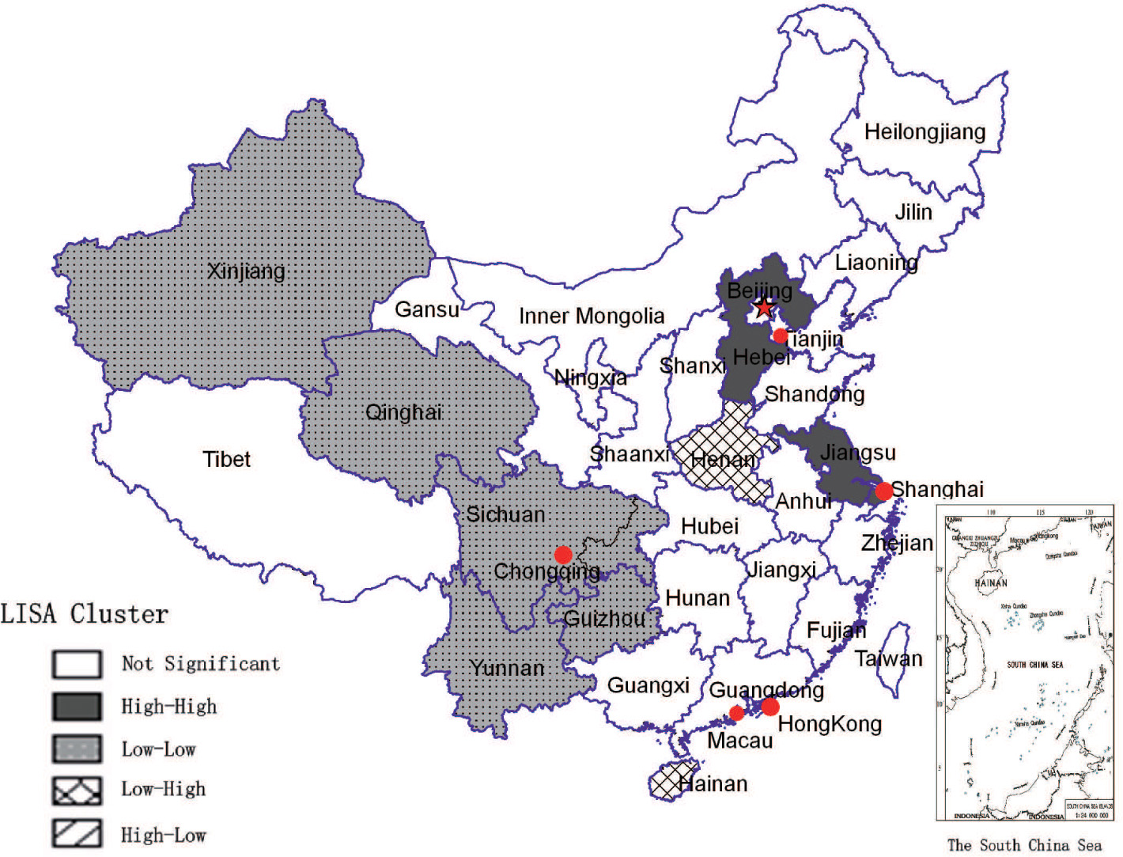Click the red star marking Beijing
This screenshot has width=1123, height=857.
click(763, 307)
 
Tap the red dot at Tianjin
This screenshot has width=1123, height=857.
click(780, 336)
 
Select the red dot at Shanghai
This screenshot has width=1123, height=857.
click(883, 491)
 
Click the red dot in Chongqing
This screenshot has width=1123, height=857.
click(563, 555)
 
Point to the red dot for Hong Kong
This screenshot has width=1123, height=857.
click(770, 707)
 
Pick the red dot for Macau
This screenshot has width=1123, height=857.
click(736, 713)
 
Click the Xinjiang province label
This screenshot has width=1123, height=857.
click(246, 271)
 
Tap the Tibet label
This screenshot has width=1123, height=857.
click(226, 459)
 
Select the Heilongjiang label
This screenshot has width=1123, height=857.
click(924, 131)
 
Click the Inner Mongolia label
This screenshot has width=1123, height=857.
click(591, 317)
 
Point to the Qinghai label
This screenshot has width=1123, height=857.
click(403, 412)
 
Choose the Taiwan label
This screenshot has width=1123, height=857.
click(888, 658)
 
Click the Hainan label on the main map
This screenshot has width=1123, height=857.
click(713, 783)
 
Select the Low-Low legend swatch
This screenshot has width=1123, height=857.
click(77, 749)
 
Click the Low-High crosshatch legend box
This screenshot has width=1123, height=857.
click(77, 790)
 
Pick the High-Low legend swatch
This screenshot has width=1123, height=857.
click(77, 833)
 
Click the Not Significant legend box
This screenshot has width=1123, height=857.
click(77, 664)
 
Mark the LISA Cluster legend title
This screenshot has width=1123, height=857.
click(85, 614)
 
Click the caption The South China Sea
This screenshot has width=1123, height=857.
click(1024, 845)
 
